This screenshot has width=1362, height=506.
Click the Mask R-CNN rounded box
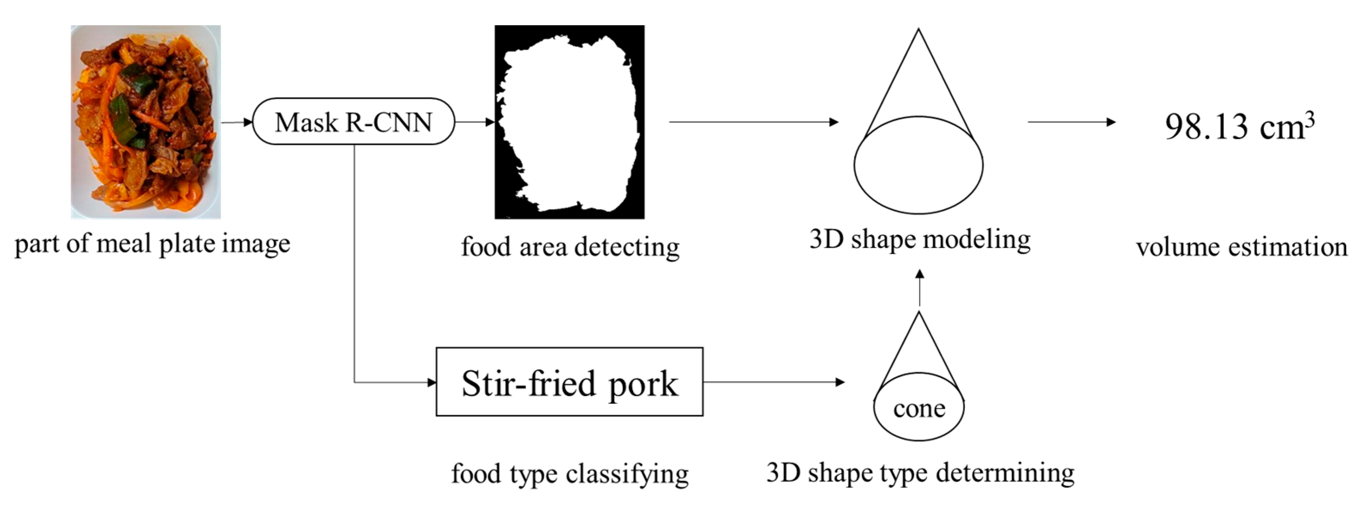(353, 122)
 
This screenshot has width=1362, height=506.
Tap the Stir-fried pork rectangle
(569, 382)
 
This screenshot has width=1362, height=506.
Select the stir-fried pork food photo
(146, 122)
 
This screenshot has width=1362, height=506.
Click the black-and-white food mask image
(569, 122)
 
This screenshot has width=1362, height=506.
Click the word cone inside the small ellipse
(919, 409)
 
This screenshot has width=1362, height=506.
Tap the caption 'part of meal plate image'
(152, 244)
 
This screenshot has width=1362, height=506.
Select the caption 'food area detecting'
(570, 247)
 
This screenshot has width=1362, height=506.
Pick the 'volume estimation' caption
(1242, 247)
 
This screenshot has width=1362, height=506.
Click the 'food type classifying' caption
(569, 473)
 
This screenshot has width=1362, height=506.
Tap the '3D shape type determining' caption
(920, 472)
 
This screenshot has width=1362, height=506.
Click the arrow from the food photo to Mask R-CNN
(237, 122)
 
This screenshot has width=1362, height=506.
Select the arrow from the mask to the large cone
(754, 122)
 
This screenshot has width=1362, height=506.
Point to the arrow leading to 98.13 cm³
(1071, 122)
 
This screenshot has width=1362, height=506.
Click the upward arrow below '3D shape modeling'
(919, 287)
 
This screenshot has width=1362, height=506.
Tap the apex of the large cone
(919, 31)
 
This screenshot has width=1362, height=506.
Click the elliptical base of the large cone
(919, 165)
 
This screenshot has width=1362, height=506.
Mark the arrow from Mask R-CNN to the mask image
(474, 122)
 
